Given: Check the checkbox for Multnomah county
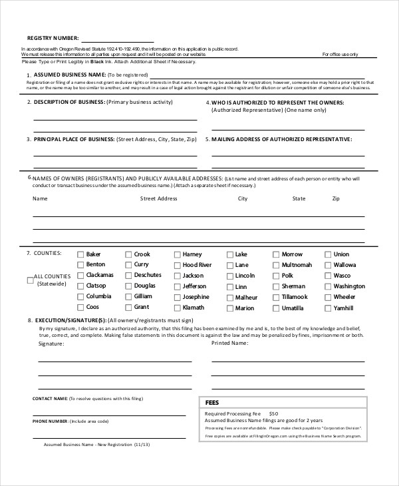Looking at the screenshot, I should click(277, 265).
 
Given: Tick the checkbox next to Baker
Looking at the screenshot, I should click(80, 254).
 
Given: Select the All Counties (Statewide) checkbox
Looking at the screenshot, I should click(30, 280).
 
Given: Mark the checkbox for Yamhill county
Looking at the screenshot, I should click(328, 308).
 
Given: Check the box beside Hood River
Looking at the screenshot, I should click(178, 265).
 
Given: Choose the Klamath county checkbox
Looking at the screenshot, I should click(178, 308).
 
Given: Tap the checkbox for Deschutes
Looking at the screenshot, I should click(128, 276).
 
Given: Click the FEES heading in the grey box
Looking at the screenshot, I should click(212, 403).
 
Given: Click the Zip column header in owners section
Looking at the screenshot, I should click(336, 198).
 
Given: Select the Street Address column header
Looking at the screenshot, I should click(158, 198).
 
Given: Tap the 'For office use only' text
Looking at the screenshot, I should click(340, 55).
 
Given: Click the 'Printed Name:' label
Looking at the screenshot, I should click(229, 344).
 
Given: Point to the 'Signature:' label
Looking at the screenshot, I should click(51, 344).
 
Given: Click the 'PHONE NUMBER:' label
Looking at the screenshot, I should click(50, 421).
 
